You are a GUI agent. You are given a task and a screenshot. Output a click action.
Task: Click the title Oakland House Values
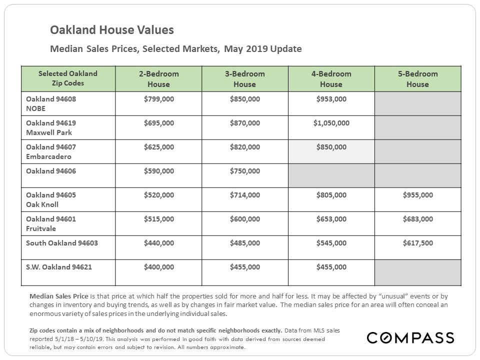111,30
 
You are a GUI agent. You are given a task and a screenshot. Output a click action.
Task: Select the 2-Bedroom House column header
158,79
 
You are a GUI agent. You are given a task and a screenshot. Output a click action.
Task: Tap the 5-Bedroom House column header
418,79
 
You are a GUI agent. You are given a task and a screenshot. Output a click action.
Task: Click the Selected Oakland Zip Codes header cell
68,78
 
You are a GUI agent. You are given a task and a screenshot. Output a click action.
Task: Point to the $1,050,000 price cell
331,123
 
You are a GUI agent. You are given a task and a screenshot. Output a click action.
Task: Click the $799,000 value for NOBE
159,99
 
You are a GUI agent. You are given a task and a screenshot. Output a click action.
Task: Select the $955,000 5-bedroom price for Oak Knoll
418,195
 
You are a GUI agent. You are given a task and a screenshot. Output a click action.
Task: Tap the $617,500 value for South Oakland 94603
418,243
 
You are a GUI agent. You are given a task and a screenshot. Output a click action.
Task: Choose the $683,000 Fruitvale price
418,219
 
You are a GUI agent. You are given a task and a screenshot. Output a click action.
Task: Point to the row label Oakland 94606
51,171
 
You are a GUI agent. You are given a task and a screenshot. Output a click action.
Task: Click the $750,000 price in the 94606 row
245,171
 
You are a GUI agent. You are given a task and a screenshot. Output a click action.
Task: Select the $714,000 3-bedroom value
245,195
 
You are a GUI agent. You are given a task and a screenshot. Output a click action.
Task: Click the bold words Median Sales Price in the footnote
59,296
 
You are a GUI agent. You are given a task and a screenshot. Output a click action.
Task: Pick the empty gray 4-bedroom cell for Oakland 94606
331,175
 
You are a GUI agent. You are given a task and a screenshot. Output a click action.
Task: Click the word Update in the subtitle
286,49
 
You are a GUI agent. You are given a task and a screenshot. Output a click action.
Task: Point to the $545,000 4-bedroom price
331,243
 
